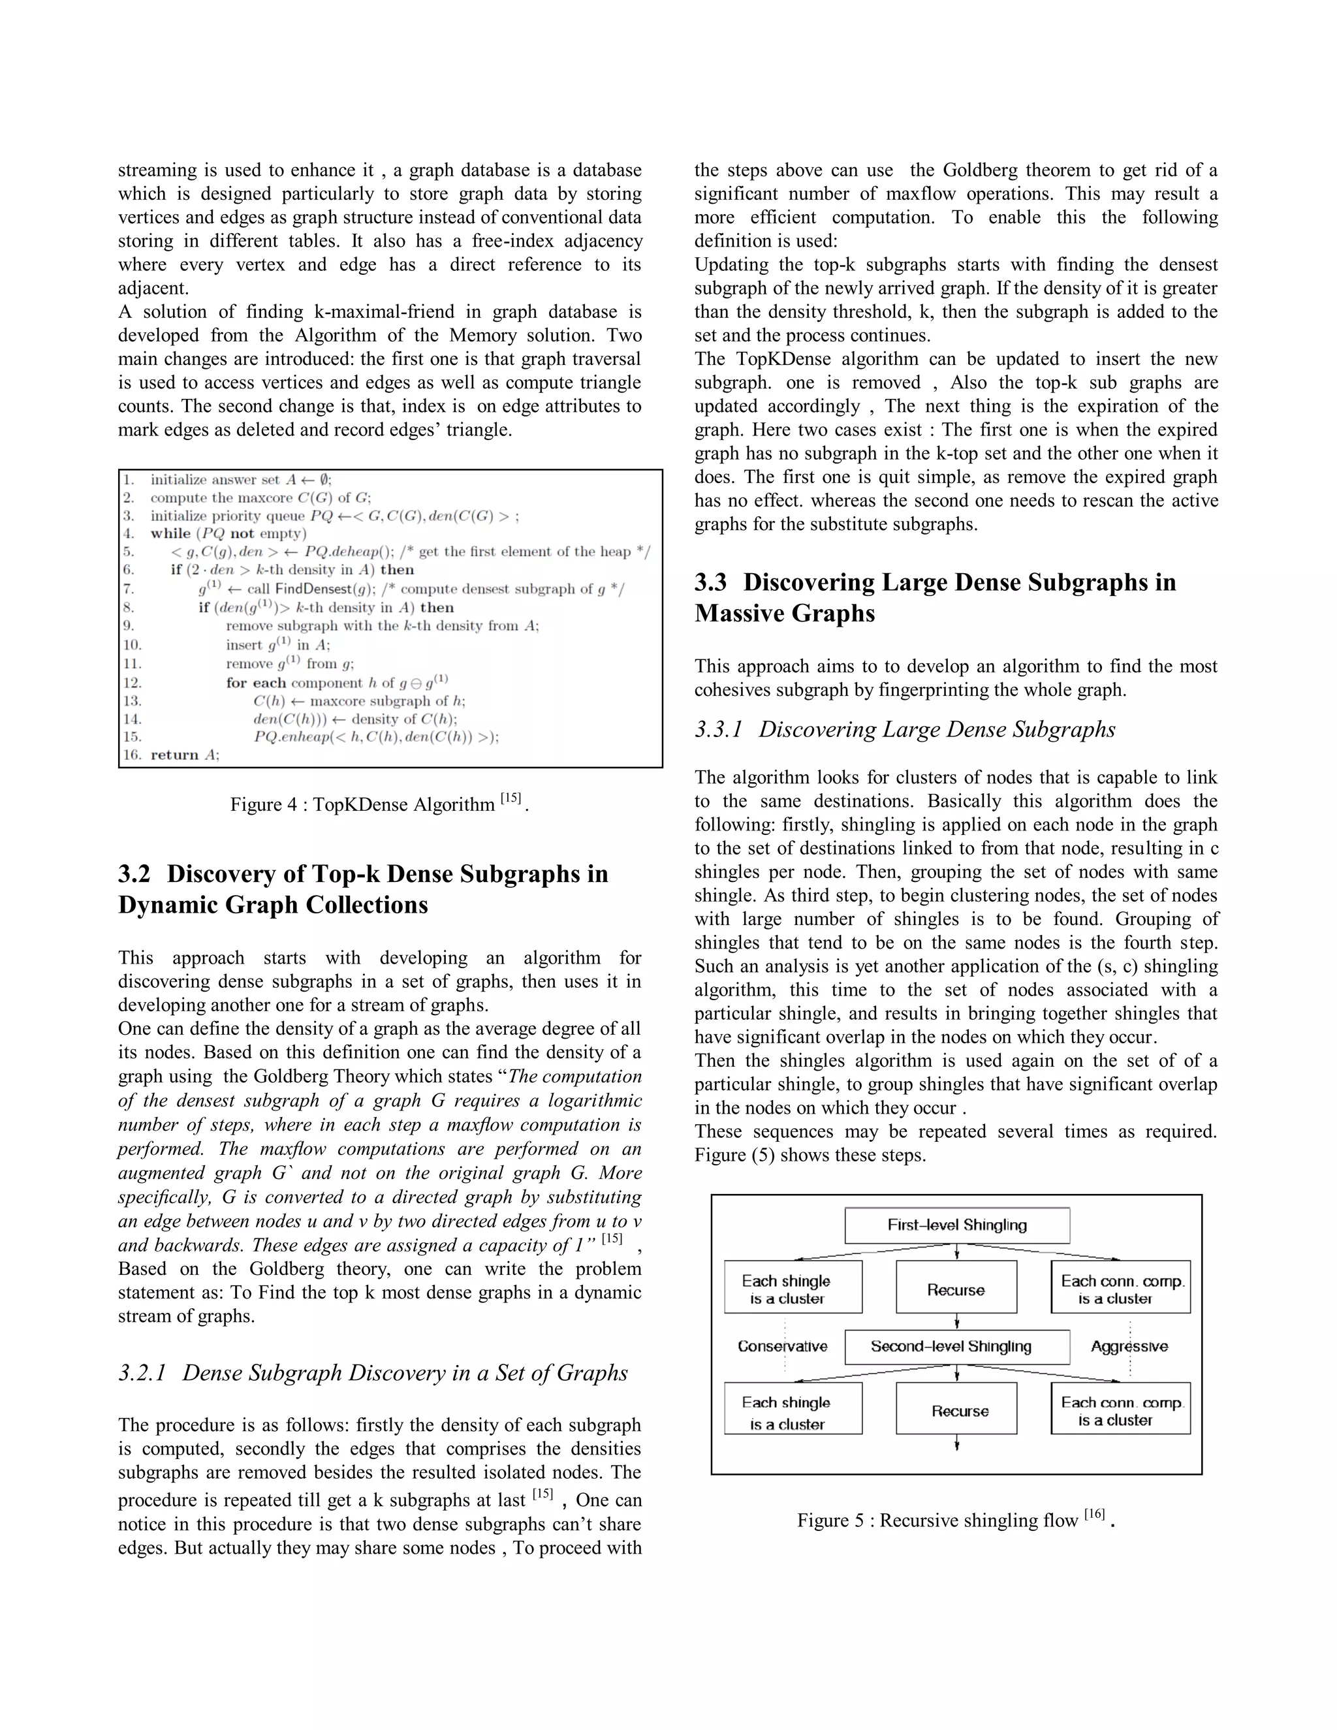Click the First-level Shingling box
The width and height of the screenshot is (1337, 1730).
[x=957, y=1225]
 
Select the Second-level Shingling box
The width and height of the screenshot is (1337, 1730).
[x=957, y=1347]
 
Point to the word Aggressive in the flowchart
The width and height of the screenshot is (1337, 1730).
[x=1129, y=1347]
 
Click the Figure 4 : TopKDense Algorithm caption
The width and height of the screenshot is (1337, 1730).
[x=379, y=805]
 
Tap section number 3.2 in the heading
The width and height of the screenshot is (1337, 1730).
[x=134, y=873]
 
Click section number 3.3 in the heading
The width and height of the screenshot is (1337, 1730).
[x=710, y=582]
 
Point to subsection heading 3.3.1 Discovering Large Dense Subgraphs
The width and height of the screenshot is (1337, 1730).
[x=905, y=730]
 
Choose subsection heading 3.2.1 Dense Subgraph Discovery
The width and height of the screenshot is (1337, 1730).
[x=372, y=1373]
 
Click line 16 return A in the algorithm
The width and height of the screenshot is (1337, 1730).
[x=171, y=755]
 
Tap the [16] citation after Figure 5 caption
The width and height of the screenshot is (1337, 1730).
[x=1094, y=1515]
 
